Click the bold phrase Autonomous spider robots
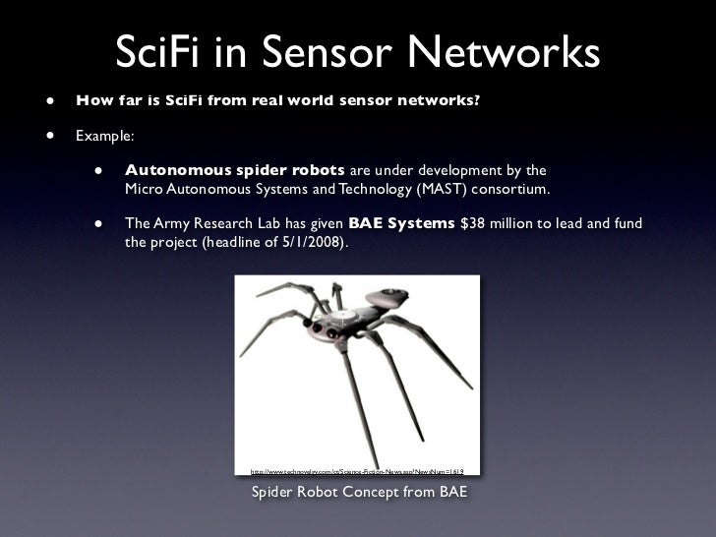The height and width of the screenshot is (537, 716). pyautogui.click(x=234, y=169)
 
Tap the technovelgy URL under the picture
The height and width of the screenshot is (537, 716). pyautogui.click(x=358, y=471)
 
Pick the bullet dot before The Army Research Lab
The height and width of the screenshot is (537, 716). pyautogui.click(x=99, y=223)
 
